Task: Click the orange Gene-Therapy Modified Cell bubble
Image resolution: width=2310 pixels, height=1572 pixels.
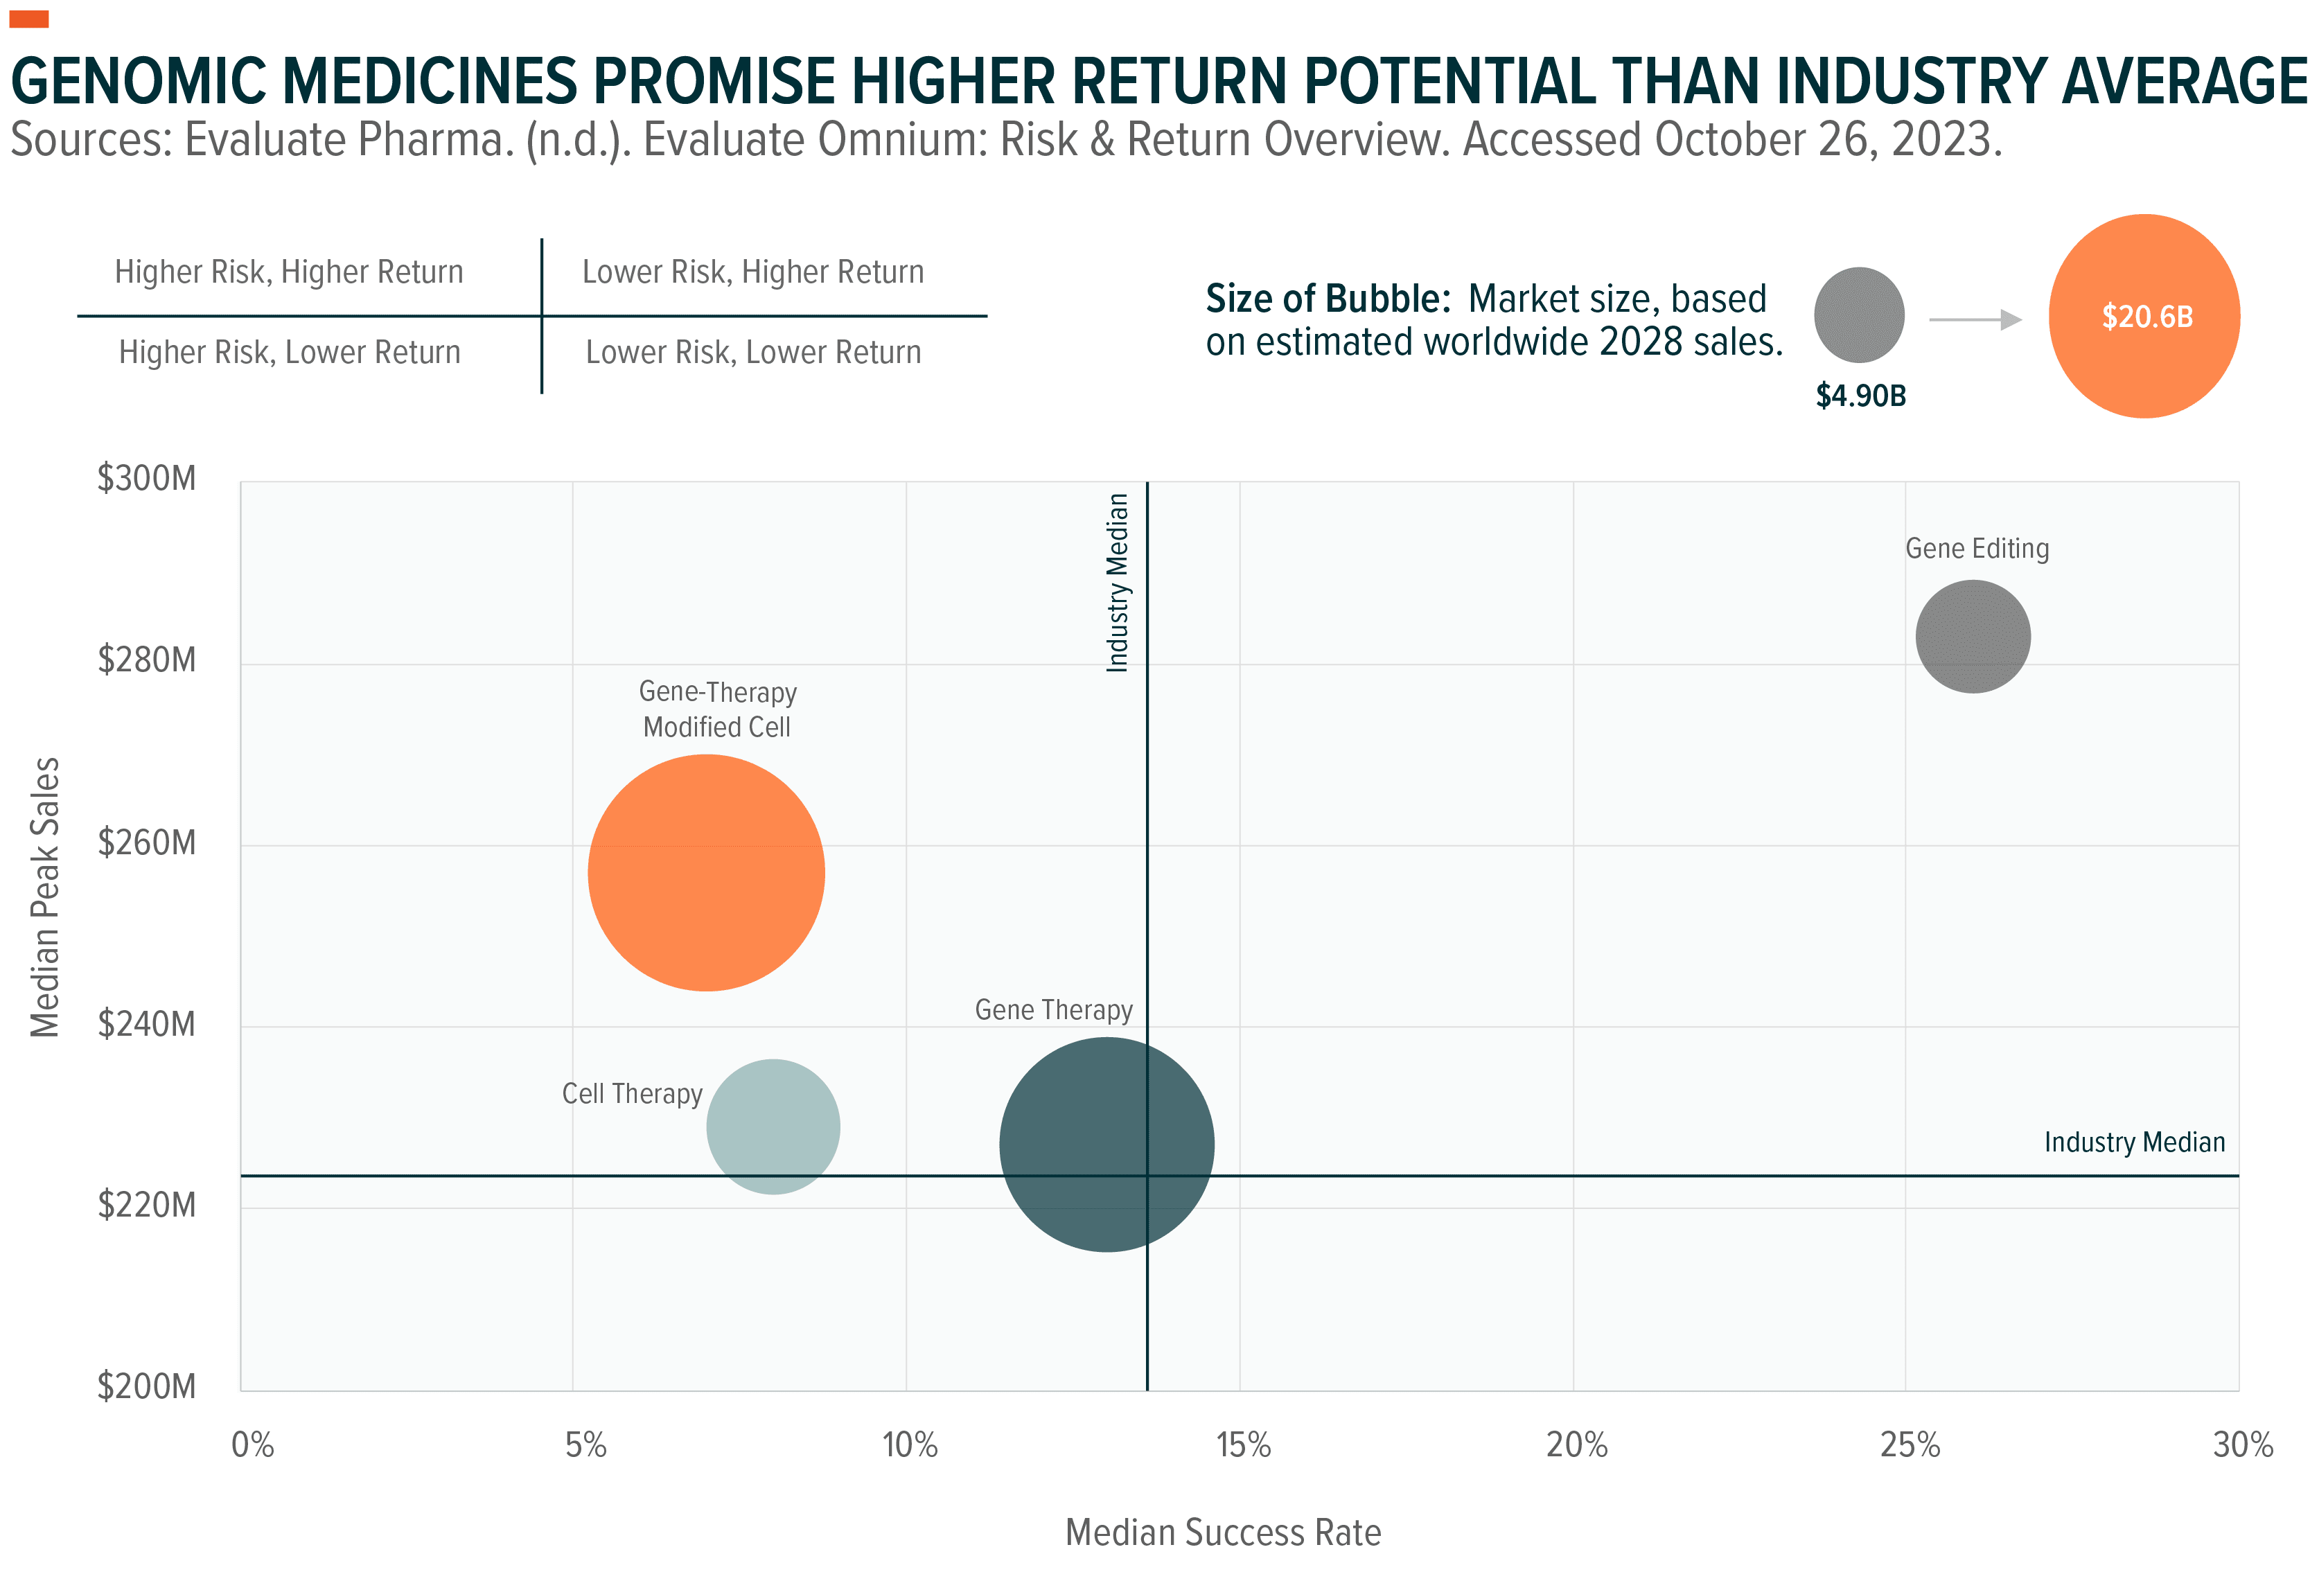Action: (x=706, y=872)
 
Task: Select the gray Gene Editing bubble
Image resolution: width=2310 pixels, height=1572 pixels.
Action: (x=1972, y=636)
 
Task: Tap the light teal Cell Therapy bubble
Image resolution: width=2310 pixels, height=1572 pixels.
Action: (x=773, y=1126)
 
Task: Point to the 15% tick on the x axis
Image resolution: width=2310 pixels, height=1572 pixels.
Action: (x=1242, y=1445)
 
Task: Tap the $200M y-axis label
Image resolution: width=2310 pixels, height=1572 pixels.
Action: (x=147, y=1386)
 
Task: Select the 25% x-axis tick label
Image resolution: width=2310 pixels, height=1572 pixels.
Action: (x=1908, y=1445)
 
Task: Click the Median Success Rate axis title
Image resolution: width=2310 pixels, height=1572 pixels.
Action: (x=1223, y=1533)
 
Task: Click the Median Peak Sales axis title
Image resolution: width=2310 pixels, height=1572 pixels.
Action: (x=46, y=897)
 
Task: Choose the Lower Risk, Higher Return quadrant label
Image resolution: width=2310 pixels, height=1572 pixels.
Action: (x=752, y=272)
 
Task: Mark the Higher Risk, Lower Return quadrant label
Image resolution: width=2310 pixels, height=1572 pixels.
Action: (x=289, y=353)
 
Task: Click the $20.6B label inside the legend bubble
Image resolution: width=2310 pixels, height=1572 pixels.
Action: (x=2146, y=317)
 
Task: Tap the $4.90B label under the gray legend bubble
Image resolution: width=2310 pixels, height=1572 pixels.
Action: (x=1860, y=396)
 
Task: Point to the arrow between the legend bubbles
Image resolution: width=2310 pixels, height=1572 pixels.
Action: (x=1974, y=319)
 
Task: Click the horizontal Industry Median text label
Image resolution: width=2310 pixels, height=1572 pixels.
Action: (x=2134, y=1142)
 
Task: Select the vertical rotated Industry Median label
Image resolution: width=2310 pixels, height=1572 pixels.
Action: (x=1118, y=583)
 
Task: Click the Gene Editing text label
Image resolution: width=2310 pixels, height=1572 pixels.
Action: (x=1976, y=549)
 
